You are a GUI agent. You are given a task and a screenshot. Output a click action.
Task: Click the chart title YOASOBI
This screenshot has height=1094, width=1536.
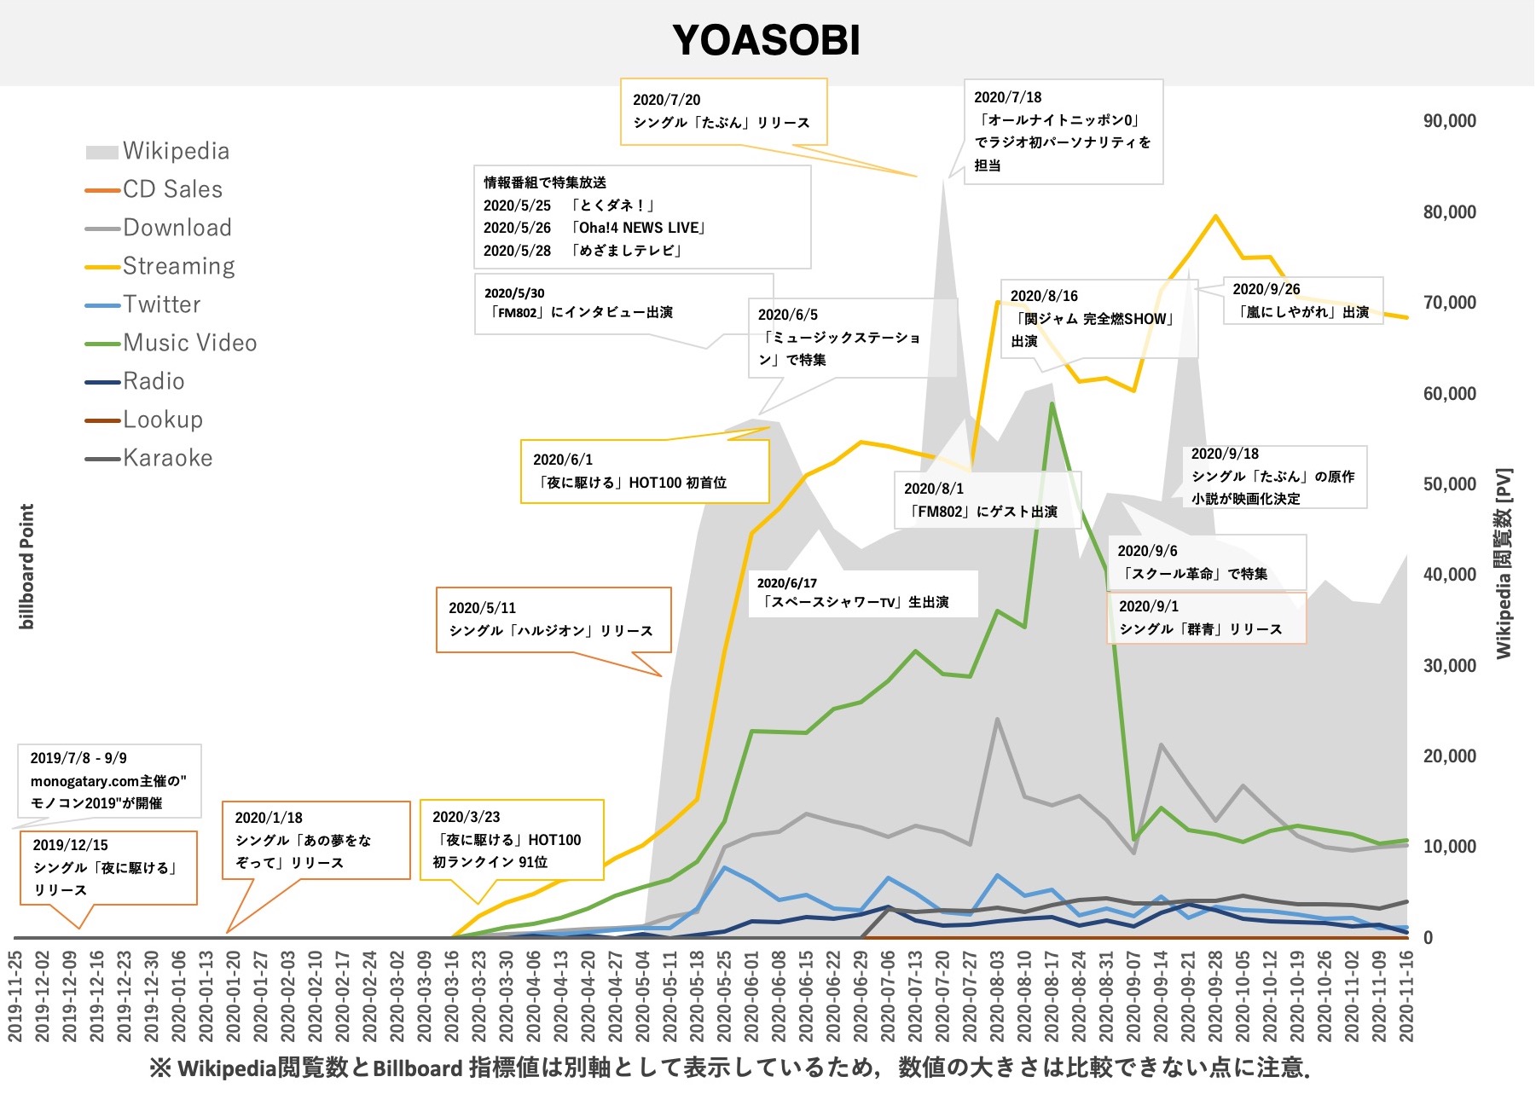[766, 40]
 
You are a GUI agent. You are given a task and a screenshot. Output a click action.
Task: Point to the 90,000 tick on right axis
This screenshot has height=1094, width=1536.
[1449, 121]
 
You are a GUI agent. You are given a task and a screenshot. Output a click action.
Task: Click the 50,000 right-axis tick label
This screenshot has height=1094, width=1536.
[1449, 484]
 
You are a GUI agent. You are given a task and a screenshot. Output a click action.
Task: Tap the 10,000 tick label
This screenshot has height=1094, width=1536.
[1449, 847]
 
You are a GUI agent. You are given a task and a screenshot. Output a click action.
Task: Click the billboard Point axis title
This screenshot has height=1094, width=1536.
[27, 566]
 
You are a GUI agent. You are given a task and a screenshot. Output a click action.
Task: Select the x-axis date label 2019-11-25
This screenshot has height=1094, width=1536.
[15, 996]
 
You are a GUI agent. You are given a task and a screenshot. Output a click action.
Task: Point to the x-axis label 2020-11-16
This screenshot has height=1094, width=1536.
[1406, 996]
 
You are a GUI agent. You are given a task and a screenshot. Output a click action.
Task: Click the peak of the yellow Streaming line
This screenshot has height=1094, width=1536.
[1215, 217]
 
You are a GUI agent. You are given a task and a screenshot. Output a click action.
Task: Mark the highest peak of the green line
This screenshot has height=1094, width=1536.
[1052, 403]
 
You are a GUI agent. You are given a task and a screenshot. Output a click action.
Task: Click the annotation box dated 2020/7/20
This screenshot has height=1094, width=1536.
[723, 112]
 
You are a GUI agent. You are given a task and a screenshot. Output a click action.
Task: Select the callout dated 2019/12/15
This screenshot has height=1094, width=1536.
[108, 867]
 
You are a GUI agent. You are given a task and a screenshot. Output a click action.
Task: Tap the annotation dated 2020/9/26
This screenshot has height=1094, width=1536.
[1302, 301]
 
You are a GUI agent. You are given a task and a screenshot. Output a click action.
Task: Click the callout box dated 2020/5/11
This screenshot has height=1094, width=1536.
[553, 619]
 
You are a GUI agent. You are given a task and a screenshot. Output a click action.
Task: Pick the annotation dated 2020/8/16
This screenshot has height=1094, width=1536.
[1098, 318]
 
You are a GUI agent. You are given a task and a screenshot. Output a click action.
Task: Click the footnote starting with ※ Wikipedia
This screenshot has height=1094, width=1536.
[729, 1068]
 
